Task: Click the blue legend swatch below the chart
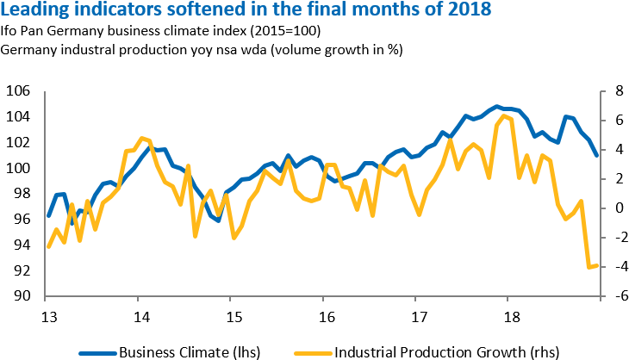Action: coord(97,353)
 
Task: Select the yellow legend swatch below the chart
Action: coord(313,353)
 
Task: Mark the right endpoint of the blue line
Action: coord(598,156)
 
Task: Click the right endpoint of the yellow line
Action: coord(598,265)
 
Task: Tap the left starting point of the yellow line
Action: coord(47,247)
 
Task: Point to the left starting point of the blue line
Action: coord(47,216)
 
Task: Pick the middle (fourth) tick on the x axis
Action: coord(322,300)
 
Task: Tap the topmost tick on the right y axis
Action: coord(602,91)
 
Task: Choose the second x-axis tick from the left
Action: coord(137,300)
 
